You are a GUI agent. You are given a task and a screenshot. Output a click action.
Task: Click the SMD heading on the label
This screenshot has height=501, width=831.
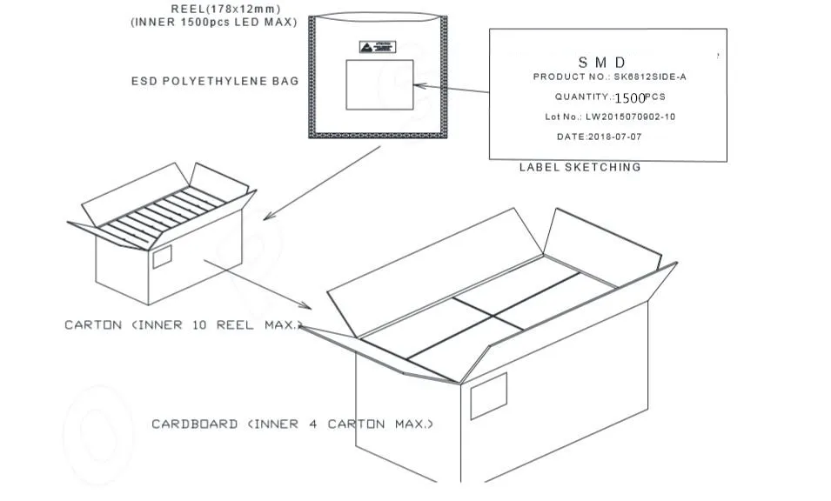pos(602,62)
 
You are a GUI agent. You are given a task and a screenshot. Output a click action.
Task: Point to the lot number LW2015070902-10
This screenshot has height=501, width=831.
pos(630,117)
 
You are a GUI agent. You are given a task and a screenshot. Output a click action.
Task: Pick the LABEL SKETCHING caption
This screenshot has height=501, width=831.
pos(580,167)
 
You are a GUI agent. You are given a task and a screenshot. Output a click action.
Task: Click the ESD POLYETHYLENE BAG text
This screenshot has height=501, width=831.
pos(214,81)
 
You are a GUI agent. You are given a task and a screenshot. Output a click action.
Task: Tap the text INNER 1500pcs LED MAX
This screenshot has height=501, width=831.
pos(214,23)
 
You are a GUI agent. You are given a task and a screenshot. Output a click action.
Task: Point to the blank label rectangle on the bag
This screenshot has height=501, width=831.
pos(379,84)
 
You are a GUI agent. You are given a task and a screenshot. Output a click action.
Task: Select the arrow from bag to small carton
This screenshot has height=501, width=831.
pos(321,183)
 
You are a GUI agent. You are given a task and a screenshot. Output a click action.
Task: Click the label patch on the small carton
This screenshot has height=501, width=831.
pos(162,257)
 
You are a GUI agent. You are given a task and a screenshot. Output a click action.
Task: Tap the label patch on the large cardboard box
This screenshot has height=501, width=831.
pos(488,396)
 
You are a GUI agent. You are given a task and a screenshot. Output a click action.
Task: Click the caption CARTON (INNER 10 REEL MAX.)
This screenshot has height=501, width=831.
pos(184,325)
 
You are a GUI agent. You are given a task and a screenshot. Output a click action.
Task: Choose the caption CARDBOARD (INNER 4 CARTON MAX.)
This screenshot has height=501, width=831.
pos(292,424)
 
